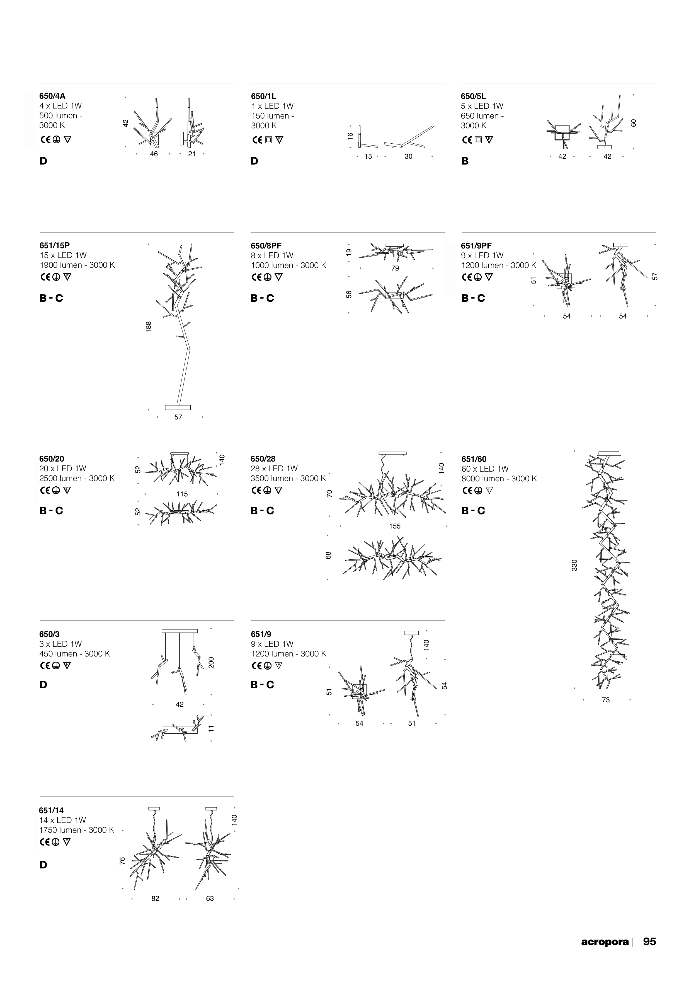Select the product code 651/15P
point(54,245)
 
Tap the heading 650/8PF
point(266,246)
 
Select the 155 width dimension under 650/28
point(394,526)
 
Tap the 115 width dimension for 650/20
point(182,494)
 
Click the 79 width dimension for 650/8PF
point(395,268)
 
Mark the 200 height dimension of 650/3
point(211,663)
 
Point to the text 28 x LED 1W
point(274,469)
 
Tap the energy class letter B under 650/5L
point(465,161)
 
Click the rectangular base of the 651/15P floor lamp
point(178,407)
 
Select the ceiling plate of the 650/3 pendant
point(180,631)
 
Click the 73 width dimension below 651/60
point(605,700)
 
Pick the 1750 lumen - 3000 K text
point(76,830)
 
